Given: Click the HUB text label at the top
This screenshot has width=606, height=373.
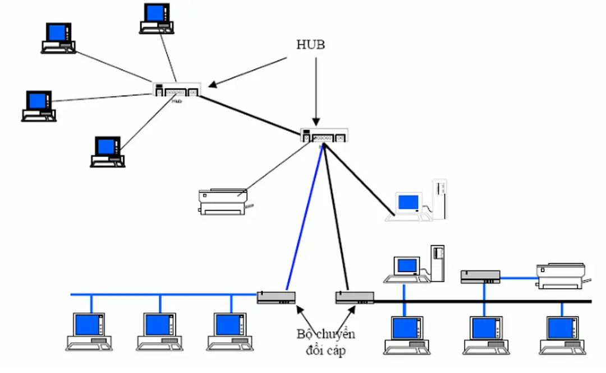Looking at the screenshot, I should (x=310, y=45).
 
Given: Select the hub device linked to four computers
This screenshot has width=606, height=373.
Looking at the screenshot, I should (x=176, y=90).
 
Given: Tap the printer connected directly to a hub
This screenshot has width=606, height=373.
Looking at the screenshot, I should (x=223, y=202).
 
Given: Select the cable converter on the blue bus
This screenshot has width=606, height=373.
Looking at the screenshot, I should (x=276, y=297).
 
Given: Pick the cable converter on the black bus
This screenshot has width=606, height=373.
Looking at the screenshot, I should (x=354, y=297).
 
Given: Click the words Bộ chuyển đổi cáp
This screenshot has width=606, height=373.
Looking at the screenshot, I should (x=326, y=343).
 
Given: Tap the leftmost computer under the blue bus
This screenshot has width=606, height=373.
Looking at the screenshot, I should (x=90, y=331).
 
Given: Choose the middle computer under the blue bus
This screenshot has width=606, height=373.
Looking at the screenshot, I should (x=159, y=331).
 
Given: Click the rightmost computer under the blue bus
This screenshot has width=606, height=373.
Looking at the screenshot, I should (x=230, y=331).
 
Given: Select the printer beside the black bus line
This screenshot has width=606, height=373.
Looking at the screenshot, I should (x=562, y=276).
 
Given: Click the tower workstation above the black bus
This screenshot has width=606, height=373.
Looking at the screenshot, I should (x=418, y=264).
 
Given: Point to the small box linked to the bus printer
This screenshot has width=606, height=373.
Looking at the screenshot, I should (x=480, y=276).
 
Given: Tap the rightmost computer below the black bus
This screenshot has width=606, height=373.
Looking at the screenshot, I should (x=562, y=335).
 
